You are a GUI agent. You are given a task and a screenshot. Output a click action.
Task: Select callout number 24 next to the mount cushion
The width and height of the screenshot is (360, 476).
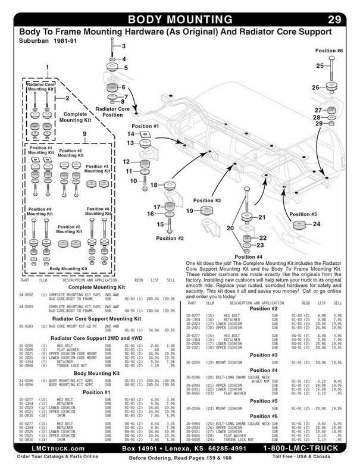(317, 224)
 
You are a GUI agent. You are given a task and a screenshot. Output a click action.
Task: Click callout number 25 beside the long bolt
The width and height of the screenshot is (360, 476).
(320, 65)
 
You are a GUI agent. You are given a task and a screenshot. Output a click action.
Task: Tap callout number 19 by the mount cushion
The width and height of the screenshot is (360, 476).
(190, 211)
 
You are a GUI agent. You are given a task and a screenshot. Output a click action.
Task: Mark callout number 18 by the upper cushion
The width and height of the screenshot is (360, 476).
(153, 186)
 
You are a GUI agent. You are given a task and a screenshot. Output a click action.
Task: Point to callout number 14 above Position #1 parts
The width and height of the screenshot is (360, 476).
(130, 134)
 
